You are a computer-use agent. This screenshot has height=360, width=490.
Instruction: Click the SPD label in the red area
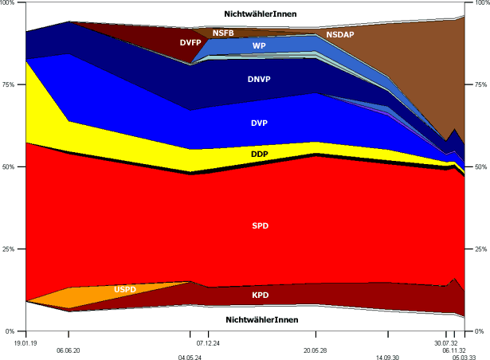pyautogui.click(x=260, y=226)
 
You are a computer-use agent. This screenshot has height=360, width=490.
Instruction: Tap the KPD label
pyautogui.click(x=260, y=295)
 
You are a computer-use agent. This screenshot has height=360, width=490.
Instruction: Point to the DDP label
pyautogui.click(x=260, y=154)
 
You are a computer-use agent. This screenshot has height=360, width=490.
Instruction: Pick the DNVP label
pyautogui.click(x=260, y=80)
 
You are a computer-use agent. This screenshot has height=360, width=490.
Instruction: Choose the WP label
pyautogui.click(x=259, y=46)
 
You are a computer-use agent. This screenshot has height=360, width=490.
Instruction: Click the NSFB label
pyautogui.click(x=223, y=33)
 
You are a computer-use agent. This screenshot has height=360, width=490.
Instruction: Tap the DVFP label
pyautogui.click(x=190, y=42)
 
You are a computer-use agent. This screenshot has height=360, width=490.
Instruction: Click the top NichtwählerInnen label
pyautogui.click(x=262, y=14)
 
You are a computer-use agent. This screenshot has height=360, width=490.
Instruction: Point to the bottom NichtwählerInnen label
pyautogui.click(x=262, y=319)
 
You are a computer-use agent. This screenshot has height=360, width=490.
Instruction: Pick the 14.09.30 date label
pyautogui.click(x=388, y=358)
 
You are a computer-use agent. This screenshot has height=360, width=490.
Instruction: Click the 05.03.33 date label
pyautogui.click(x=465, y=358)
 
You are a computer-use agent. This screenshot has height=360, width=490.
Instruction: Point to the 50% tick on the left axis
pyautogui.click(x=11, y=167)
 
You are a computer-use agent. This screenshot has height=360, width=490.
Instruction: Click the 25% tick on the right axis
pyautogui.click(x=480, y=249)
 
